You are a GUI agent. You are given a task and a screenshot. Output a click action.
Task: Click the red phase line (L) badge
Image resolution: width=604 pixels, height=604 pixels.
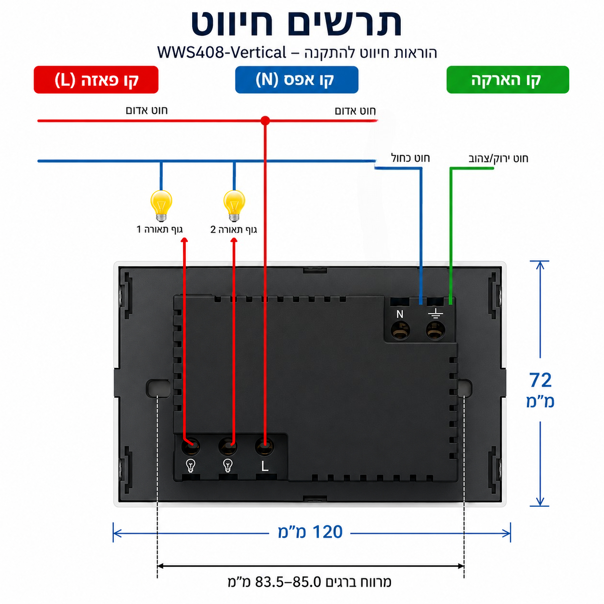[96, 79]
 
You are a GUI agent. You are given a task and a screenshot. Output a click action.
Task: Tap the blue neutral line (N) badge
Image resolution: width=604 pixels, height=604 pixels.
[297, 79]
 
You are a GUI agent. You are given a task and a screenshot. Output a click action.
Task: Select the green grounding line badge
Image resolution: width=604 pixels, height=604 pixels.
[508, 79]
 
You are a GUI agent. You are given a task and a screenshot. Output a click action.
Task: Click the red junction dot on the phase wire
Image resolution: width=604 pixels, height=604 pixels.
[265, 121]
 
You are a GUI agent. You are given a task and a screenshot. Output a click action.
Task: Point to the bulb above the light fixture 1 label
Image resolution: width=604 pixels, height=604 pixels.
[161, 206]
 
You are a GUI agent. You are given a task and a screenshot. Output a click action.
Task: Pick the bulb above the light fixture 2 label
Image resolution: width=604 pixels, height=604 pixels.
[234, 206]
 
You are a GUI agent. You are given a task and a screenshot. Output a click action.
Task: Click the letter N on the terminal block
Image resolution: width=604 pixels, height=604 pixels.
[400, 314]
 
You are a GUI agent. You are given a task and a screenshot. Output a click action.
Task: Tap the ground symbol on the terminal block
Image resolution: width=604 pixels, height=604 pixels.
[436, 313]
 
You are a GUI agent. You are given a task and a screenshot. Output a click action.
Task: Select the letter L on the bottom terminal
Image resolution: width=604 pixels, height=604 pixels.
[265, 466]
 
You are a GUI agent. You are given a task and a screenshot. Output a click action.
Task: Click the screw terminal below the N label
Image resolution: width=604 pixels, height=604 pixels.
[400, 330]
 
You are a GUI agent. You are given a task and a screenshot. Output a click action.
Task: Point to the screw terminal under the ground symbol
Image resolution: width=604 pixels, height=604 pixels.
[436, 330]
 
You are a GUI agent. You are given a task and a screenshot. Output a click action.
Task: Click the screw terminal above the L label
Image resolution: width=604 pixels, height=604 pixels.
[265, 446]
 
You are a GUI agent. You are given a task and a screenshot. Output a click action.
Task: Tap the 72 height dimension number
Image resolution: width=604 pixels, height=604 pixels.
[540, 380]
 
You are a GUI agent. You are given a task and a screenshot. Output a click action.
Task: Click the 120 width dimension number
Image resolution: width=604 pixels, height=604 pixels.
[328, 532]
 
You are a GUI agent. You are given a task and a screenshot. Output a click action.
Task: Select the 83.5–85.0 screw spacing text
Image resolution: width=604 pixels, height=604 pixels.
[288, 582]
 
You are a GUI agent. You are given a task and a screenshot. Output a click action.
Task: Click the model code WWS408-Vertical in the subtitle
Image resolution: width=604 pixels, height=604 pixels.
[222, 53]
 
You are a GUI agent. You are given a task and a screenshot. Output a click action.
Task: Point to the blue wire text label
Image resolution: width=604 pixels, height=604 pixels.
[410, 158]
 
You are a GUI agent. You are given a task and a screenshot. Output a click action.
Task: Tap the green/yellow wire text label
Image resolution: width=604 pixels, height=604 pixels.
[498, 158]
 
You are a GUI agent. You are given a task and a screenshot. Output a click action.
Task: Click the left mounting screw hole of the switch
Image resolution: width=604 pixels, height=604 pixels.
[158, 387]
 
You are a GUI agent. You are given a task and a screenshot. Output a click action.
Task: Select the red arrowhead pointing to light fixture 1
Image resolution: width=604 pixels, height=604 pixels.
[184, 240]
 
